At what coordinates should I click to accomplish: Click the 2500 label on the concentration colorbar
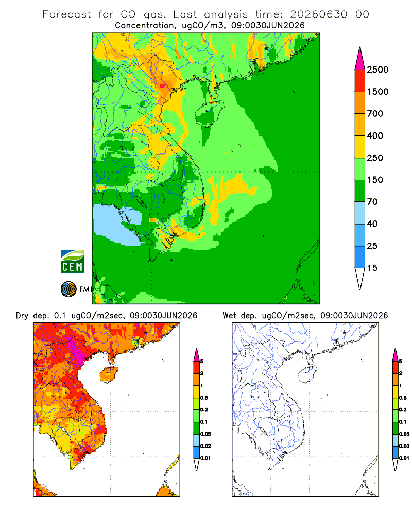(377, 70)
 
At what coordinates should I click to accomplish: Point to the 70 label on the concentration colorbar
(372, 202)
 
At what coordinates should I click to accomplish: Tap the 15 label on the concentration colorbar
(372, 268)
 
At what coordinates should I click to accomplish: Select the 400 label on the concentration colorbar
(375, 135)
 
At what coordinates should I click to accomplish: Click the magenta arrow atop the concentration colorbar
(360, 60)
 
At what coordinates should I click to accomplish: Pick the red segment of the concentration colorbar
(360, 81)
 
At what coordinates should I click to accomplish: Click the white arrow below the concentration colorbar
(360, 279)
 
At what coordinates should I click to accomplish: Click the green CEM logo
(72, 262)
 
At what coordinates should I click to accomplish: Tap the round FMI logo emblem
(68, 289)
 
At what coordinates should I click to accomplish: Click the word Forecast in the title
(67, 14)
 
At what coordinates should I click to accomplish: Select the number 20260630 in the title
(318, 14)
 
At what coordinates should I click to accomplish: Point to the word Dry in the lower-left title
(22, 316)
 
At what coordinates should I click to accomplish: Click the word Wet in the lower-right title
(229, 316)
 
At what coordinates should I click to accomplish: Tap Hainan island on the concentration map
(210, 114)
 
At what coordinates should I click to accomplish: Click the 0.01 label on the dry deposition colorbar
(205, 458)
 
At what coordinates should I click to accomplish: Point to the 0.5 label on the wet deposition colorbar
(403, 398)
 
